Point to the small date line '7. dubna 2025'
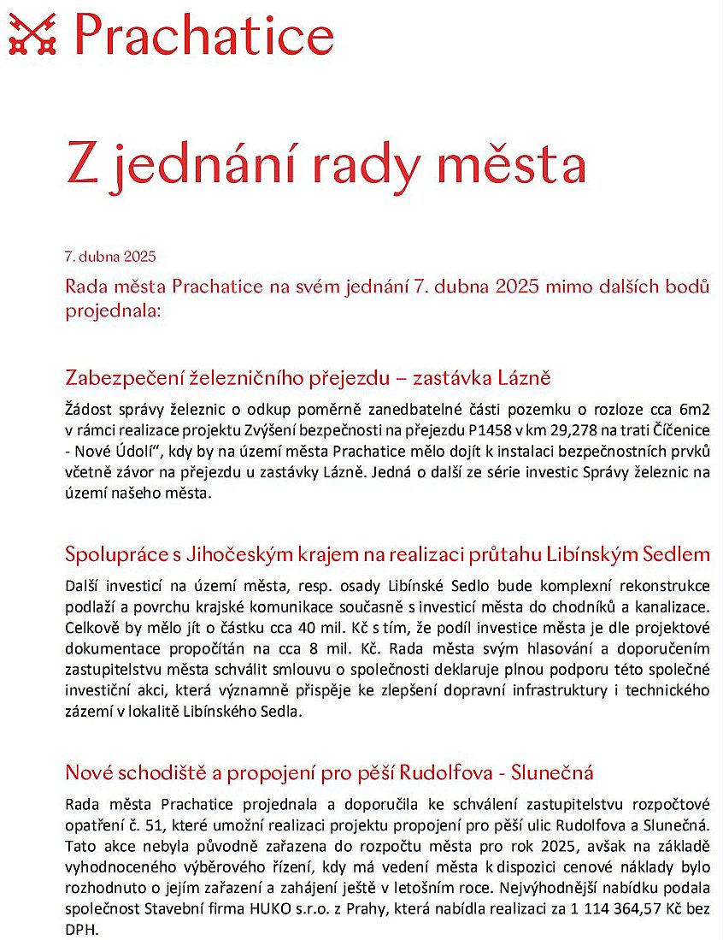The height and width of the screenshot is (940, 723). (110, 256)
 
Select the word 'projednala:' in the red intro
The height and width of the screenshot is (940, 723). (113, 310)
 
